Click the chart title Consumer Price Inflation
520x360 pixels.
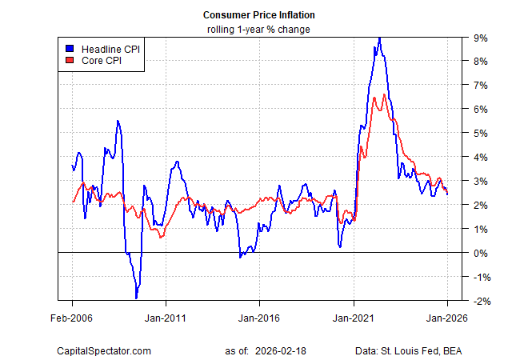point(259,15)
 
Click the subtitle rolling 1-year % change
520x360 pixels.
point(259,30)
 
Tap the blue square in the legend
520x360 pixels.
point(70,47)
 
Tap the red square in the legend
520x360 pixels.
point(70,60)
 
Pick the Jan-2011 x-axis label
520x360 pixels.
point(166,317)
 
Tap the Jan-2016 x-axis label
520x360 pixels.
point(259,317)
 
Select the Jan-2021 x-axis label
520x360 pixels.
point(354,317)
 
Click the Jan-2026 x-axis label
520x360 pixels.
point(446,317)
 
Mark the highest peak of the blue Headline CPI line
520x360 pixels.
point(379,38)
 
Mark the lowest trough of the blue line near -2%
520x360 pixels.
point(136,298)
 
